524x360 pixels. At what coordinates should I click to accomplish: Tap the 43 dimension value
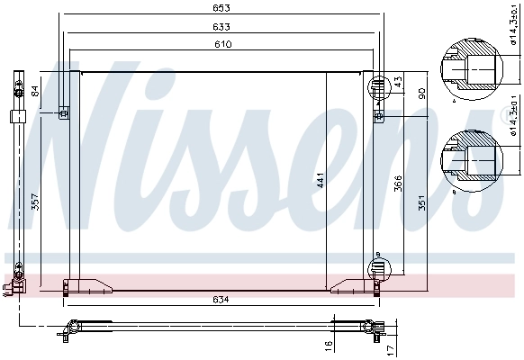(x=398, y=82)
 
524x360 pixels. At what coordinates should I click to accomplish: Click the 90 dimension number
(x=420, y=94)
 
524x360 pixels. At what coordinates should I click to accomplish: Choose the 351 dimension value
(x=420, y=202)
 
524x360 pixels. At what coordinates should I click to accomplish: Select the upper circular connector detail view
(x=471, y=68)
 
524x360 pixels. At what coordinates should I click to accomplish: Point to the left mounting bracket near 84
(x=63, y=112)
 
